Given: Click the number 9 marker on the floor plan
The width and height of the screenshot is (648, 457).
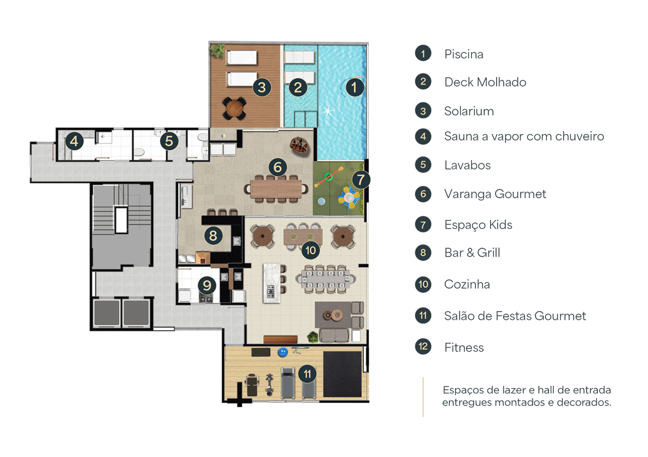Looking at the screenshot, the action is click(207, 285).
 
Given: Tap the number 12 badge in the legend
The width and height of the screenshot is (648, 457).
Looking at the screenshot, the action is click(423, 346).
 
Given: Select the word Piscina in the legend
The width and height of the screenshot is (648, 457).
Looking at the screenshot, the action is click(464, 54).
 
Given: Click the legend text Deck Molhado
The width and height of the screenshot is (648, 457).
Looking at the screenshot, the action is click(485, 82).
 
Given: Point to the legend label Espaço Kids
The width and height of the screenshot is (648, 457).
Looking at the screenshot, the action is click(478, 225).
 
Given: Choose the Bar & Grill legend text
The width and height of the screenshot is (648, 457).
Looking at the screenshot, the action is click(472, 252).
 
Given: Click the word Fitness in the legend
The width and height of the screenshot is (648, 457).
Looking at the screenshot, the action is click(464, 347).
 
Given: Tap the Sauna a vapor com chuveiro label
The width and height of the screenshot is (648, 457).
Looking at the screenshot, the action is click(524, 136).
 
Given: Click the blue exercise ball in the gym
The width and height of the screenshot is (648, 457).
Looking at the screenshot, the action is click(283, 352).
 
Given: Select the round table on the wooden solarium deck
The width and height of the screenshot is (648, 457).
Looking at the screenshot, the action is click(234, 108).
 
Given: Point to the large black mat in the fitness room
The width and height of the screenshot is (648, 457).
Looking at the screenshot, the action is click(342, 375).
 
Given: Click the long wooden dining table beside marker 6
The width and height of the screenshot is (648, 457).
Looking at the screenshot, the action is click(276, 189).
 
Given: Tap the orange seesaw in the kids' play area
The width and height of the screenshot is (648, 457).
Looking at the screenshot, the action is click(329, 176).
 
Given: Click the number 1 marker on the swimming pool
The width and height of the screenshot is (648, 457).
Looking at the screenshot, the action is click(354, 88).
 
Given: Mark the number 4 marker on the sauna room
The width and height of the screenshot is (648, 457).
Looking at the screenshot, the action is click(74, 142).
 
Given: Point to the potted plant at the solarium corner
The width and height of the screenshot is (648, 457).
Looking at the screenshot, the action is click(217, 51).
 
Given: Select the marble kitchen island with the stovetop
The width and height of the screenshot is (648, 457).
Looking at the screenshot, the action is click(272, 283).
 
